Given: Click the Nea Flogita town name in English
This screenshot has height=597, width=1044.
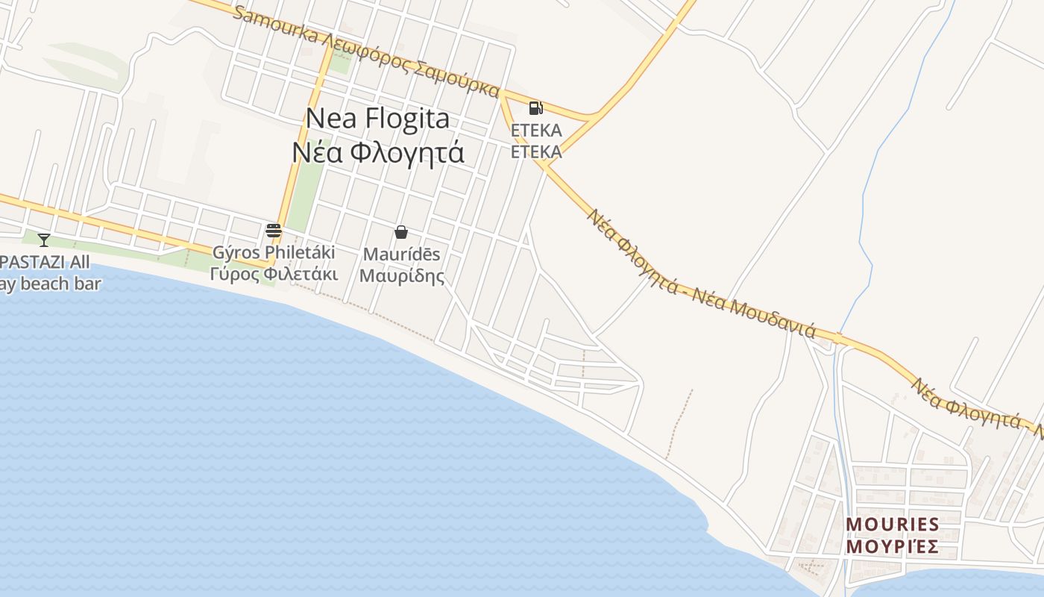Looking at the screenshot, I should (378, 119).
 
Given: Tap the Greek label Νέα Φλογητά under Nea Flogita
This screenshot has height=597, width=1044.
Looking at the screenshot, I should (378, 152).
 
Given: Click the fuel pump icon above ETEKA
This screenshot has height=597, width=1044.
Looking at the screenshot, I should (535, 108).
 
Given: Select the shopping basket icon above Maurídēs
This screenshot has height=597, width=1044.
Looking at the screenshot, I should (401, 232).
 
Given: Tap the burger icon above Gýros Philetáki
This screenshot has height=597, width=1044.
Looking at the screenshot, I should (274, 230).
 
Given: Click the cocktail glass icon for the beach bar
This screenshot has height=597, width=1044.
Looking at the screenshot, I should (44, 240).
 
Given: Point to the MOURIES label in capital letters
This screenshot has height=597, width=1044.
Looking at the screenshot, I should (892, 524).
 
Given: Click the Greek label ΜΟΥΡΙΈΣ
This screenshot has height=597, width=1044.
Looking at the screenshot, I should (892, 547).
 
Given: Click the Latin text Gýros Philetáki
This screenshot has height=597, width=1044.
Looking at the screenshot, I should (274, 253).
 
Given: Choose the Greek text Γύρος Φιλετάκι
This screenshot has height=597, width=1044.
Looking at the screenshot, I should (274, 274).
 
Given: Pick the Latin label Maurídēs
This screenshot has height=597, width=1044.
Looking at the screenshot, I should (401, 254).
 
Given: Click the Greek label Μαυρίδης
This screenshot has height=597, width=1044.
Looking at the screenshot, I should (401, 275).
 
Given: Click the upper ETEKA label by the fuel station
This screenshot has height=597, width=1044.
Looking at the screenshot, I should (535, 131).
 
